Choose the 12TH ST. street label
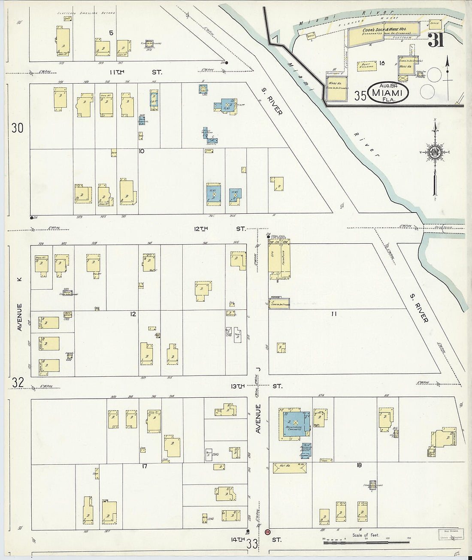click(x=219, y=229)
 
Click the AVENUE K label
click(x=19, y=305)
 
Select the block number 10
click(x=141, y=151)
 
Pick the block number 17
click(x=144, y=466)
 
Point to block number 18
click(x=359, y=465)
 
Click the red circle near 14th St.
click(x=267, y=532)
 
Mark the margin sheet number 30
click(x=17, y=128)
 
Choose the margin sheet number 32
click(x=17, y=382)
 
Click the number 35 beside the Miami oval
click(x=360, y=96)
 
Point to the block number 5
click(x=111, y=33)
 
